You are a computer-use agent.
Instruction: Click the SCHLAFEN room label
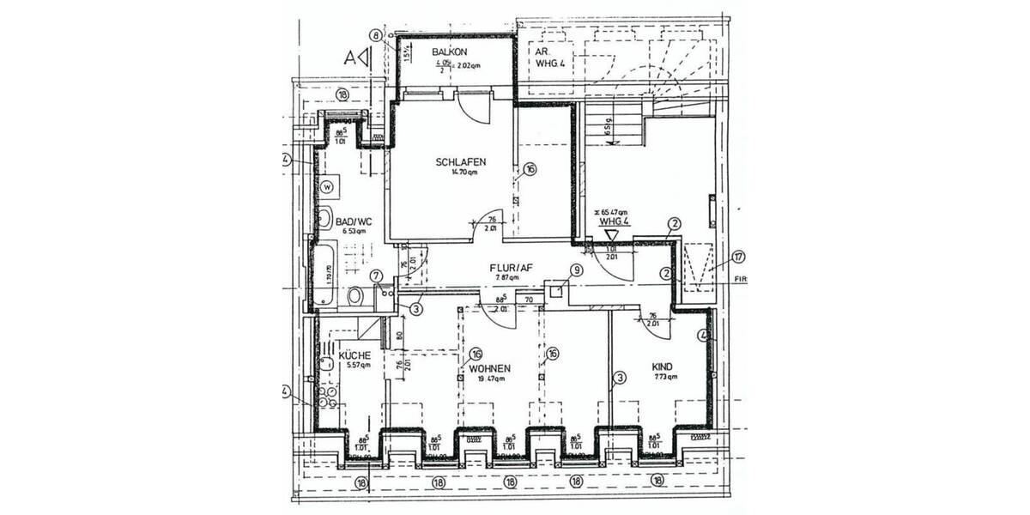(x=461, y=161)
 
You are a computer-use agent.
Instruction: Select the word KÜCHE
(x=354, y=354)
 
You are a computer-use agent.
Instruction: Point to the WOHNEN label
(x=490, y=368)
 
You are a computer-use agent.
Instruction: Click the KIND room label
(x=661, y=367)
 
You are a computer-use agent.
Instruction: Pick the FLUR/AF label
(x=512, y=267)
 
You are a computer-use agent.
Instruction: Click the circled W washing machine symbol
(x=327, y=185)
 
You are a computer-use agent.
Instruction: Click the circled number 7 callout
(x=376, y=276)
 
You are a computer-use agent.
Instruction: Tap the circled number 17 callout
(x=739, y=256)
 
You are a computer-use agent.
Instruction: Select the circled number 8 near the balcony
(x=375, y=35)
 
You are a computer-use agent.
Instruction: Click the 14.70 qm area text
(x=463, y=172)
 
